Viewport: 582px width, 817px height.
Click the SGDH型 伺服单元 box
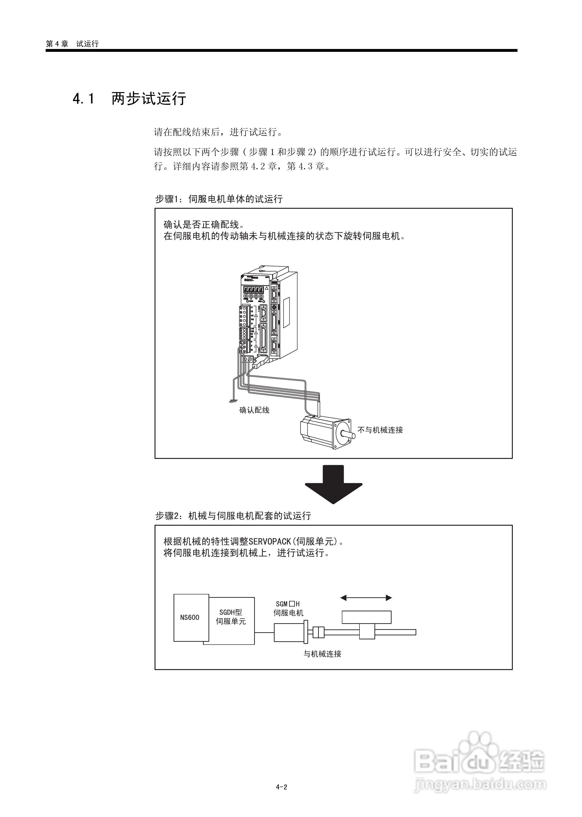click(x=231, y=620)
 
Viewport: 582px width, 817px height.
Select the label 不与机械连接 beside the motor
click(x=380, y=430)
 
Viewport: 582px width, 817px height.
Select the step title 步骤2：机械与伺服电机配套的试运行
click(x=233, y=516)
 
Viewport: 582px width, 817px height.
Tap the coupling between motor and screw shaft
click(x=318, y=632)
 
